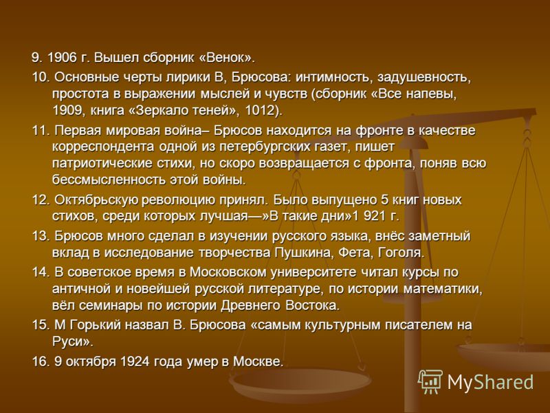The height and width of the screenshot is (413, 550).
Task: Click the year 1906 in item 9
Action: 61,58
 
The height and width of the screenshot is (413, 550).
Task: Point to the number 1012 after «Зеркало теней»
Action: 263,111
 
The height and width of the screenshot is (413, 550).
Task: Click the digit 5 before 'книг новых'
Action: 384,200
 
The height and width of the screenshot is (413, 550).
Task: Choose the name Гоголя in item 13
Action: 401,253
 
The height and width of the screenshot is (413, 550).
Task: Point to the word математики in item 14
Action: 443,289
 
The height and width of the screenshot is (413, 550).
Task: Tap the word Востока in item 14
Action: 313,305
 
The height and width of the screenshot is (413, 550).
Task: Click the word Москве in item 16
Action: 258,361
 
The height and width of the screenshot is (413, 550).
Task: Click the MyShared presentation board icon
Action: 430,381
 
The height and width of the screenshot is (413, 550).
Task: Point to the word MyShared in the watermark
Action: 490,382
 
